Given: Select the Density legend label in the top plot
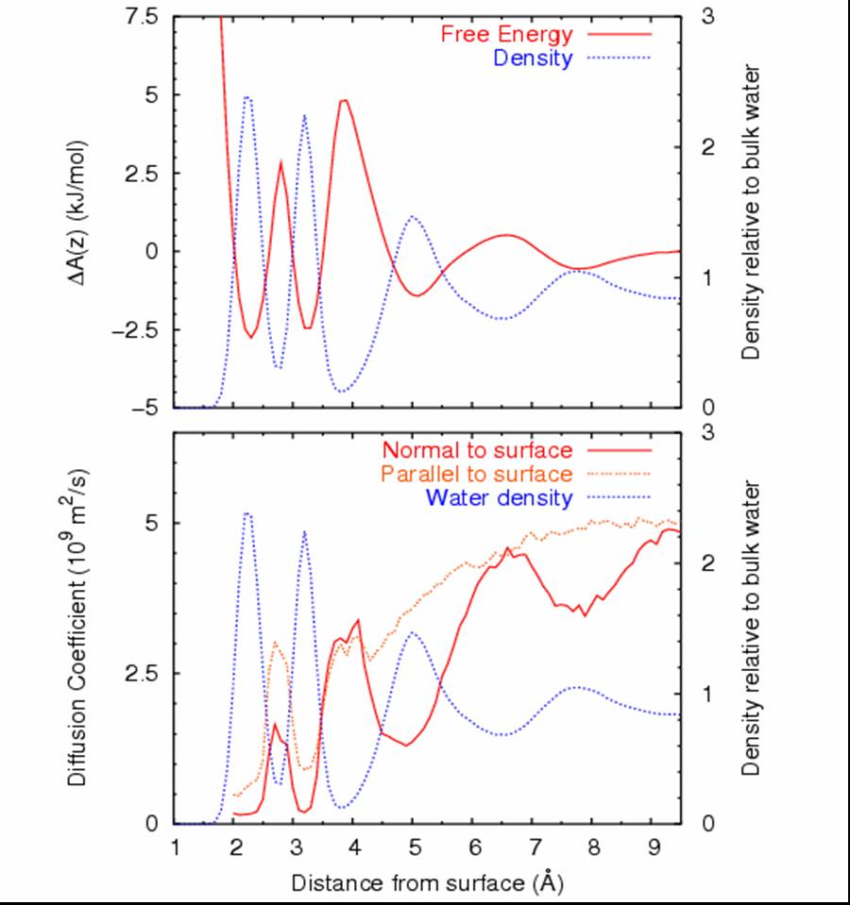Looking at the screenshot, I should [533, 59].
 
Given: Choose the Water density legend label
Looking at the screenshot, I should [499, 497].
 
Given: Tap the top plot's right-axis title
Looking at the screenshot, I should [752, 212].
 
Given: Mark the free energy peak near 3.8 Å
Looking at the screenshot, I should [345, 100].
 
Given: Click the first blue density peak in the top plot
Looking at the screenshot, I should [247, 96].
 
